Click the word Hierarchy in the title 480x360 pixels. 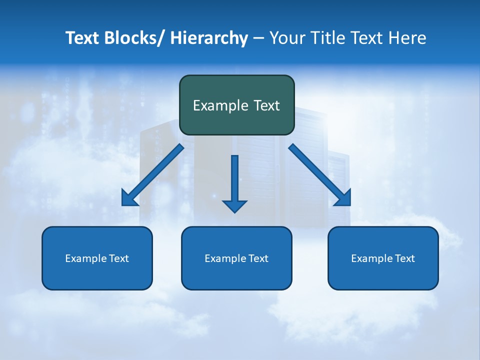pos(209,38)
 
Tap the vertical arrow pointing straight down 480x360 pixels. pos(234,177)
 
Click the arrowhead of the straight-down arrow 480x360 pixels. pos(234,206)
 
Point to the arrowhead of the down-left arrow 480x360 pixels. pos(128,199)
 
